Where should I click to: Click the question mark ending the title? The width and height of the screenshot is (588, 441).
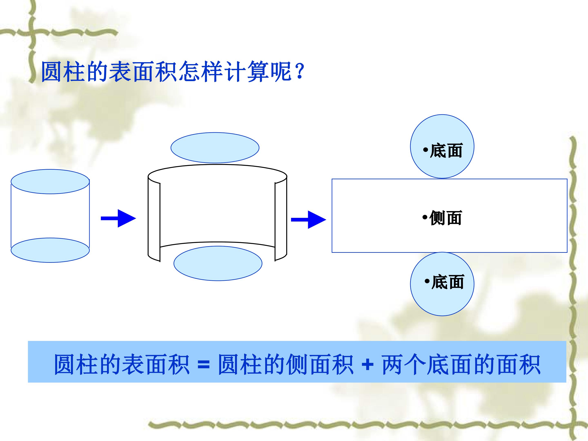(x=300, y=71)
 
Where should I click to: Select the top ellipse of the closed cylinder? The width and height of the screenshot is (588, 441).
(x=50, y=182)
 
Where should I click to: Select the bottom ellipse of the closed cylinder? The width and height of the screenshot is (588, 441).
(x=50, y=250)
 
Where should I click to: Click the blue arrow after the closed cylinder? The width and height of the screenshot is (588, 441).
(x=118, y=218)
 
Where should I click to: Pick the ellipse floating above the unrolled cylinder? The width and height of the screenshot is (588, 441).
(x=215, y=148)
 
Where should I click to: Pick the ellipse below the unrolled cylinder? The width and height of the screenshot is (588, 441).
(x=218, y=263)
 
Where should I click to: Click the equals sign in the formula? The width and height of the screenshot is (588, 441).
(x=204, y=365)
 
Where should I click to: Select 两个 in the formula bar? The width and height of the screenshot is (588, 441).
(x=404, y=364)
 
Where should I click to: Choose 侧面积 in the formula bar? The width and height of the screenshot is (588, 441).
(x=320, y=364)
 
